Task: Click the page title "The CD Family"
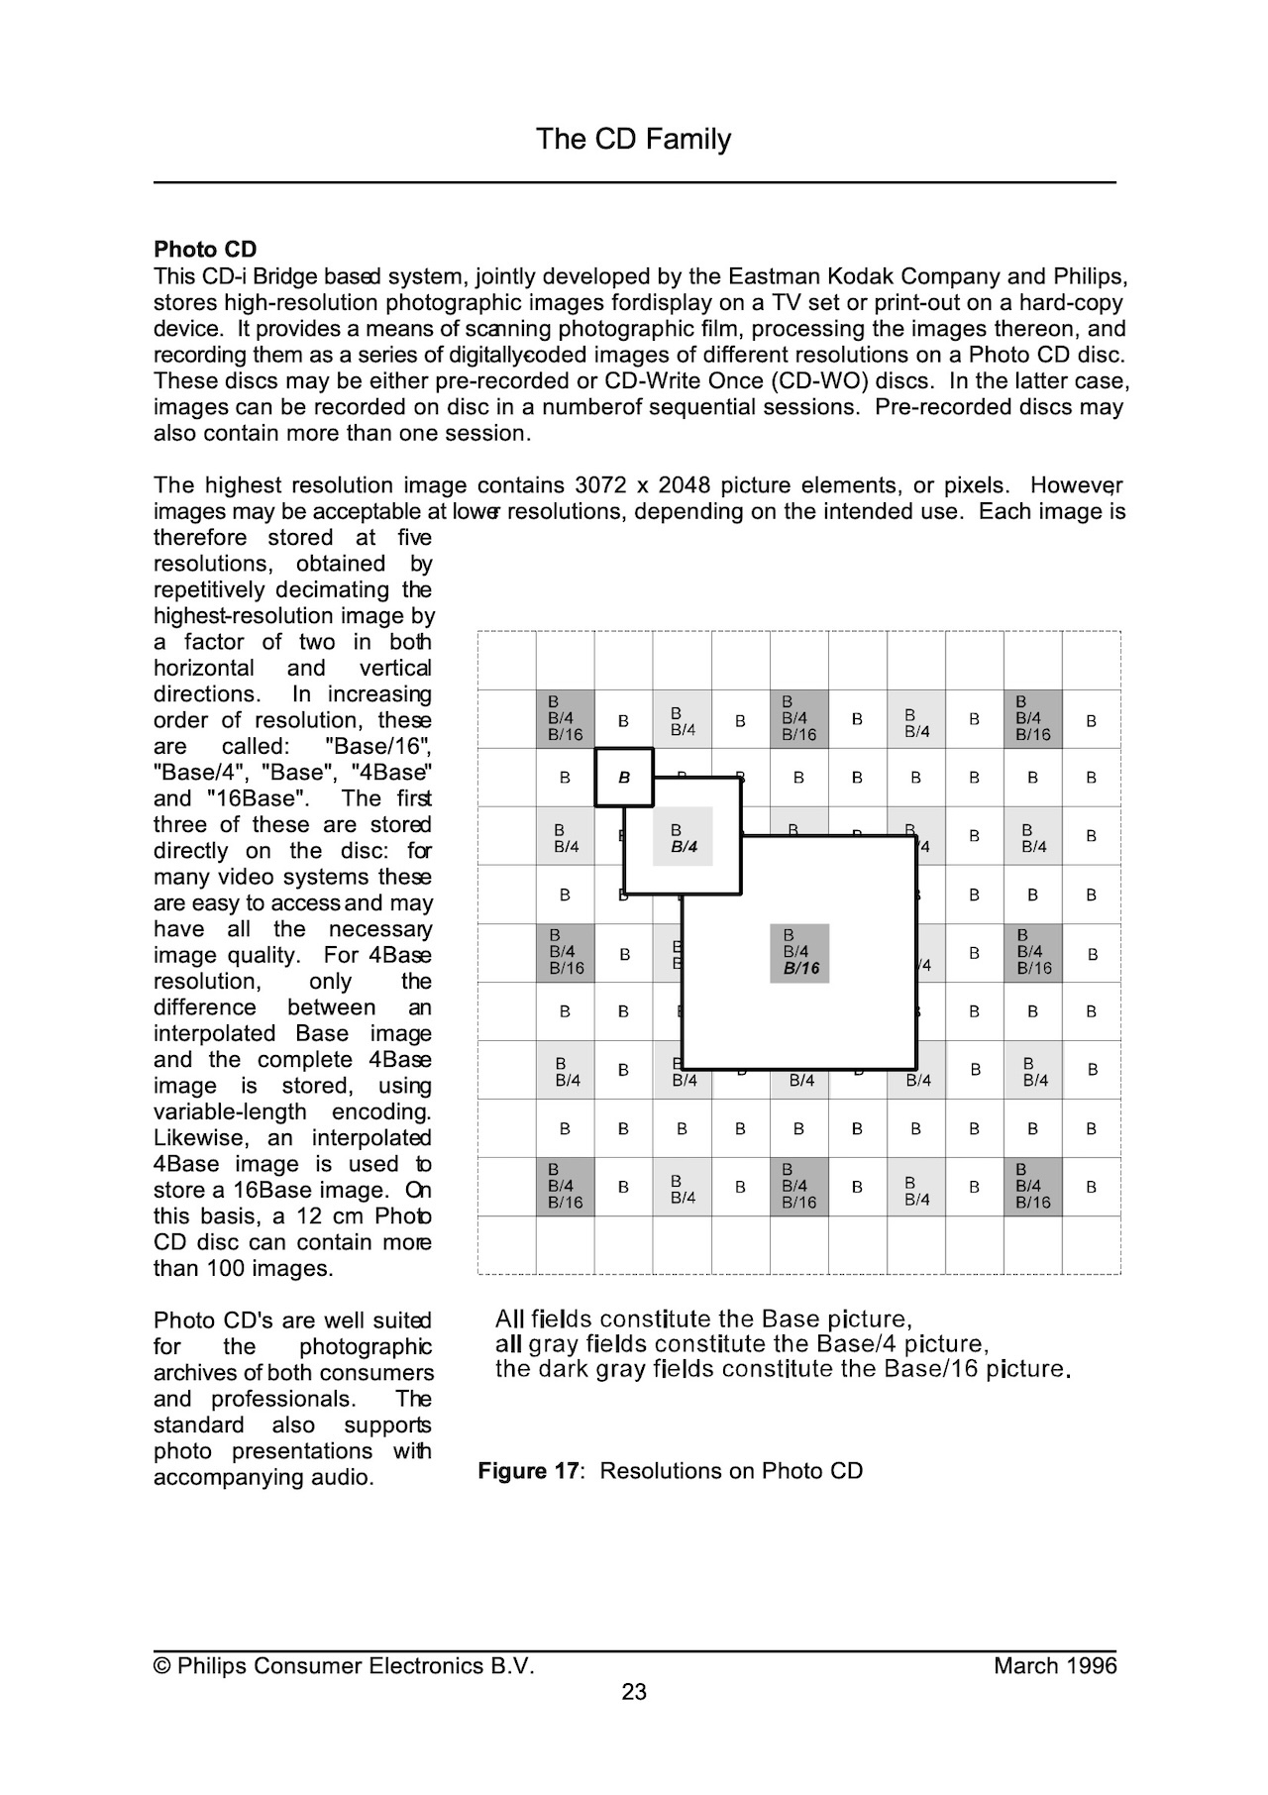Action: pyautogui.click(x=633, y=139)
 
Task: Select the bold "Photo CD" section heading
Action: pyautogui.click(x=205, y=250)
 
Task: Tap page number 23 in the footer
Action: pyautogui.click(x=634, y=1692)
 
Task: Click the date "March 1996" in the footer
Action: pyautogui.click(x=1055, y=1666)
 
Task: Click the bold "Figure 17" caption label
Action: pyautogui.click(x=526, y=1471)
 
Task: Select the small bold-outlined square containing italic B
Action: pyautogui.click(x=624, y=778)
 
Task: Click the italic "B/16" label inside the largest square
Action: pyautogui.click(x=801, y=969)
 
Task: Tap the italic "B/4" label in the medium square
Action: pyautogui.click(x=684, y=847)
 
